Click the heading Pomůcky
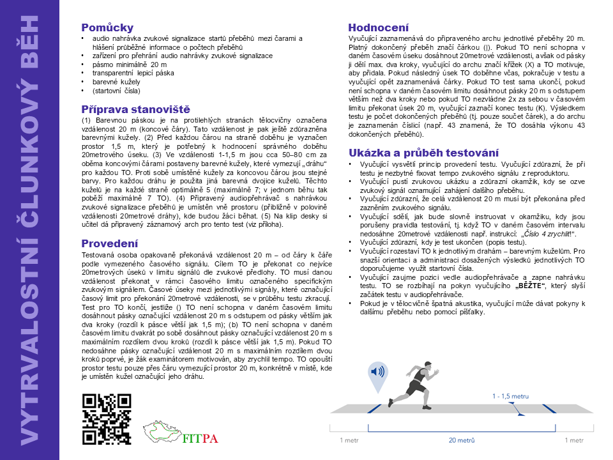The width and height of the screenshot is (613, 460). (x=107, y=27)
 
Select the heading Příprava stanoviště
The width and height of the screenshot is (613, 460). (x=135, y=109)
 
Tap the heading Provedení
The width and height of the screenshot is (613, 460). (x=109, y=243)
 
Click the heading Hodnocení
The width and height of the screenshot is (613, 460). (x=378, y=27)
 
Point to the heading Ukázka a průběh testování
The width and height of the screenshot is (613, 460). (x=423, y=153)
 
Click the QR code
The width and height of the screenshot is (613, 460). (x=107, y=419)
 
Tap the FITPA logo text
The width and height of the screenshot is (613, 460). (x=200, y=438)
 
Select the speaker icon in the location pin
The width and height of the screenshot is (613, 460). (x=377, y=372)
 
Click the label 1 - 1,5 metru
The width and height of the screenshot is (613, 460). (x=510, y=397)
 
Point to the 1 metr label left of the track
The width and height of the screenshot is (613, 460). (x=349, y=441)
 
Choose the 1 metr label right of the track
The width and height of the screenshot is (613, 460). (x=573, y=441)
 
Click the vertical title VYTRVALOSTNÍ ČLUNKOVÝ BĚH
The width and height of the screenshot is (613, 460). (x=29, y=230)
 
